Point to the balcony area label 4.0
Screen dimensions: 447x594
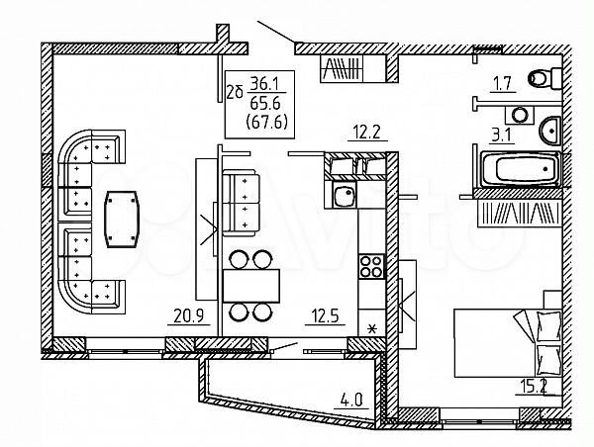pyautogui.click(x=350, y=401)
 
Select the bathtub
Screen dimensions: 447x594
pyautogui.click(x=520, y=170)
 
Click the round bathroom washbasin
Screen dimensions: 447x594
pyautogui.click(x=549, y=128)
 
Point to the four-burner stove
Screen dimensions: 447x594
pyautogui.click(x=370, y=265)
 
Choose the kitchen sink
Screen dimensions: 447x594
pyautogui.click(x=344, y=196)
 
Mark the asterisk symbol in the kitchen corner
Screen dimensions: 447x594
pyautogui.click(x=372, y=327)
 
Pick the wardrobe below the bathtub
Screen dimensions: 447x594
pyautogui.click(x=519, y=213)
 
